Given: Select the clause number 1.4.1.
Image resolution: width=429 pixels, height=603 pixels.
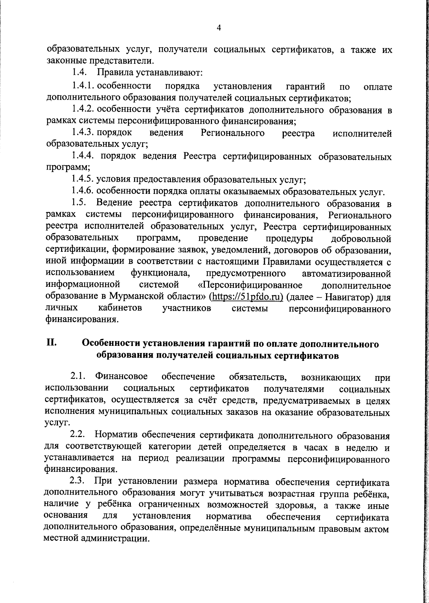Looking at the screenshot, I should pyautogui.click(x=83, y=86).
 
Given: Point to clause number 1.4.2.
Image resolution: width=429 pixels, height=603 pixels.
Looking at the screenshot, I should pyautogui.click(x=83, y=109).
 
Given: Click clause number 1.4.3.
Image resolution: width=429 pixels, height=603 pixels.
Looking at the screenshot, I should pyautogui.click(x=83, y=133).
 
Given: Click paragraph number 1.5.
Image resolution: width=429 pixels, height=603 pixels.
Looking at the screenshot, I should pyautogui.click(x=79, y=203).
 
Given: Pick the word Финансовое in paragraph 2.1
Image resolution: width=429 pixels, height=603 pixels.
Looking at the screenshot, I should pyautogui.click(x=122, y=377).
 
